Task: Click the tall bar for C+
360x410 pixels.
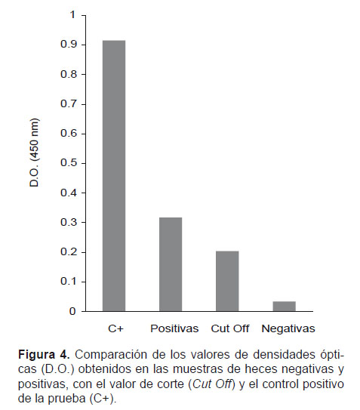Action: click(x=114, y=176)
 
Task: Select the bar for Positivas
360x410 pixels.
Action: click(x=171, y=264)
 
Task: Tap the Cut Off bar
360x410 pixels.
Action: click(x=227, y=281)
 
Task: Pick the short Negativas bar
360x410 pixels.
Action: click(x=285, y=307)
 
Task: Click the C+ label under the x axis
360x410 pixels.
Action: click(x=115, y=328)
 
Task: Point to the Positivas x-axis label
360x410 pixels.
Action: click(x=174, y=328)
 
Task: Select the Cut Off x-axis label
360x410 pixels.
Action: click(x=230, y=328)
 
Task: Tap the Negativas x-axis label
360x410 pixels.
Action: click(x=288, y=328)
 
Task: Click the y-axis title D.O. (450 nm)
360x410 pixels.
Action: click(x=34, y=153)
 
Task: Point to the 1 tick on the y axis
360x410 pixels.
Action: click(x=72, y=15)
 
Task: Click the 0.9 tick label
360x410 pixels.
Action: click(x=69, y=45)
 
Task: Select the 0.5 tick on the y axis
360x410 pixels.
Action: click(x=69, y=163)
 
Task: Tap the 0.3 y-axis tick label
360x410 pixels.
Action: click(x=69, y=222)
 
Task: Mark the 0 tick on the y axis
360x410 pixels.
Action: click(x=72, y=311)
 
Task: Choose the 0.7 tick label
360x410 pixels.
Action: click(x=69, y=103)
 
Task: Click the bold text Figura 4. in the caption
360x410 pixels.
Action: click(x=44, y=355)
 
